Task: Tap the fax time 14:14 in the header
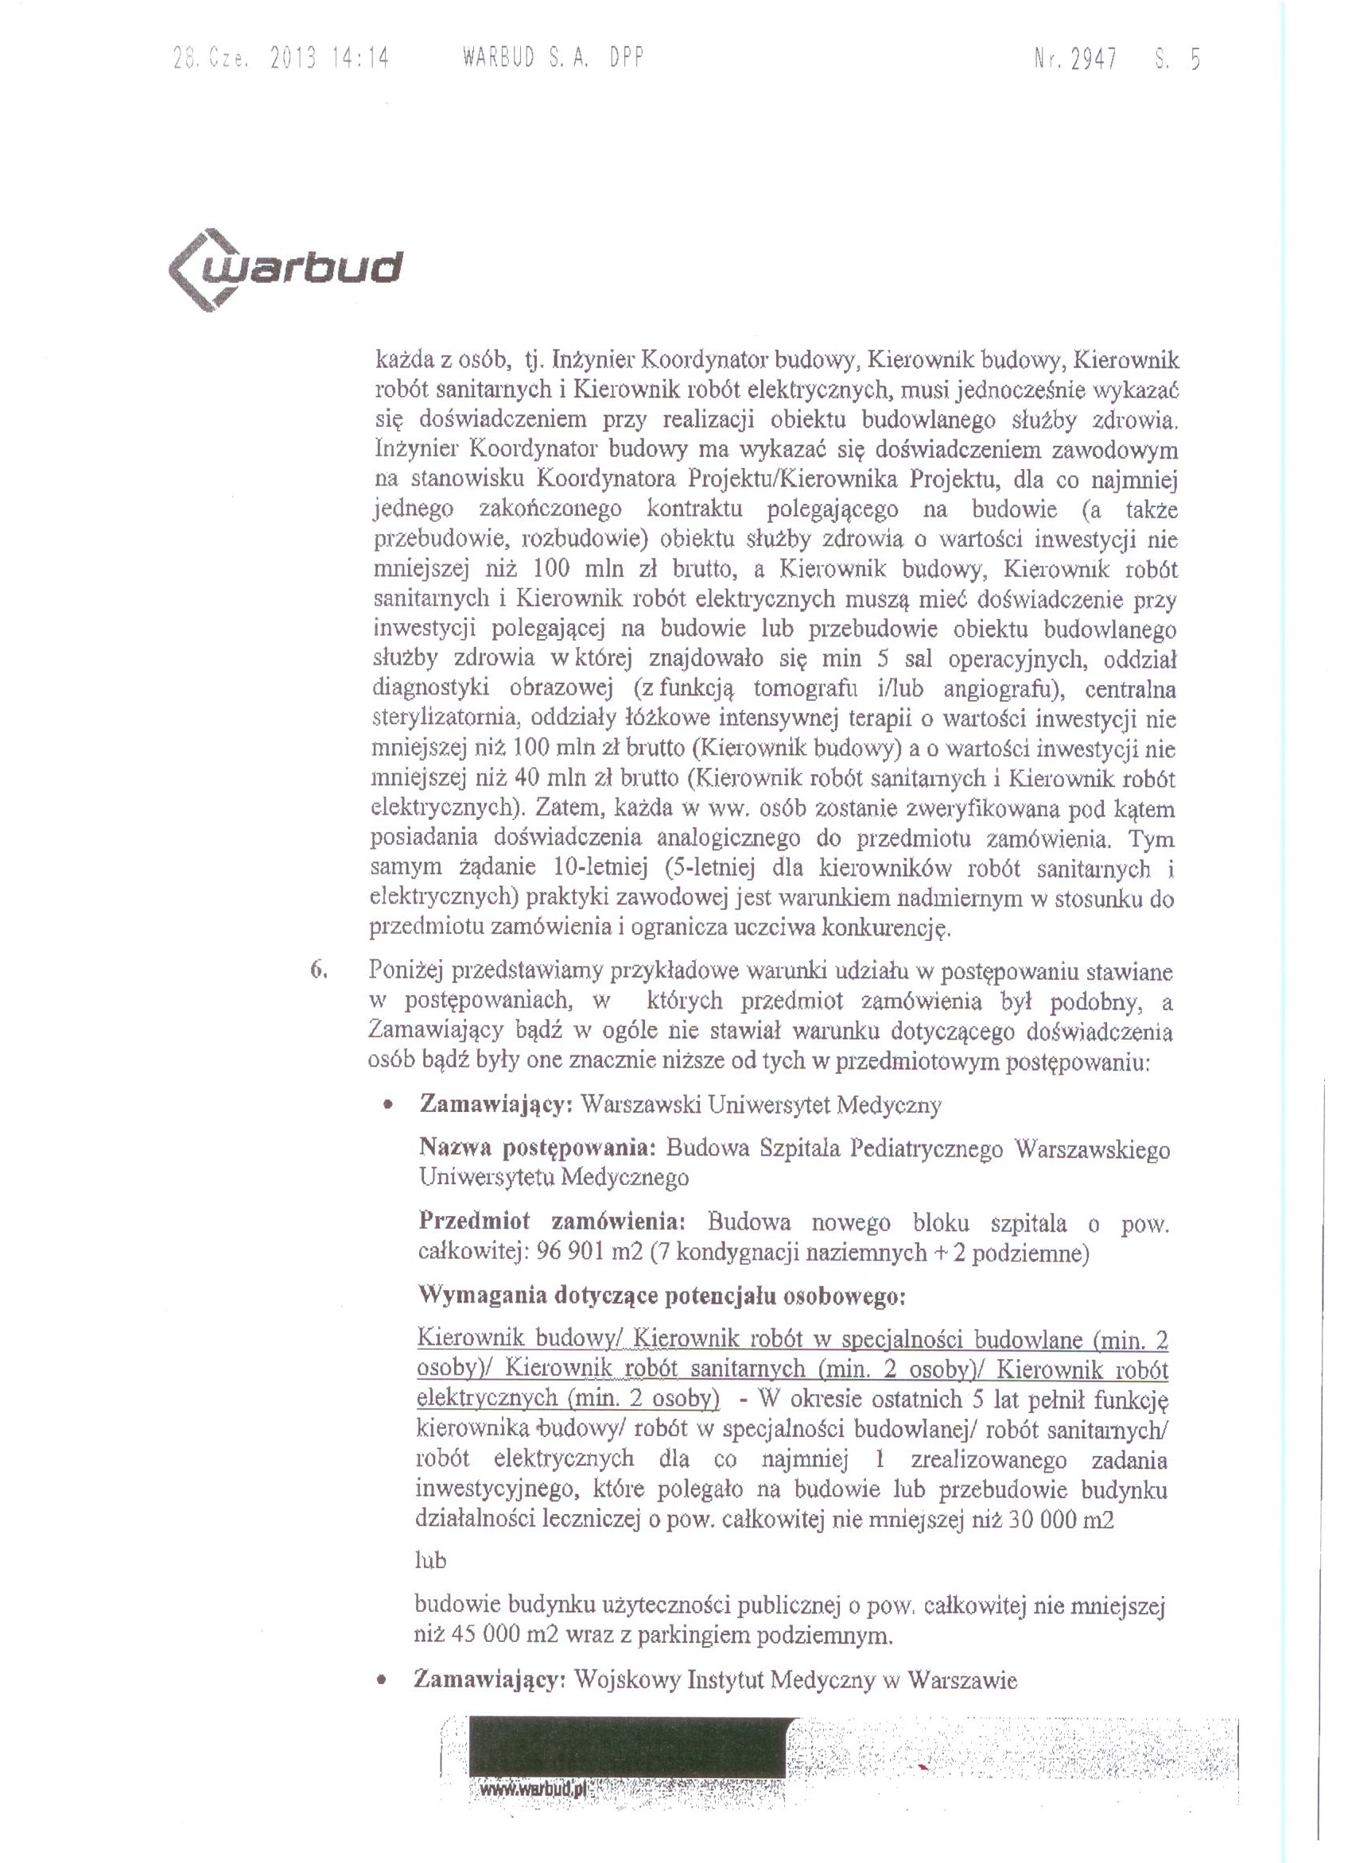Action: click(x=361, y=58)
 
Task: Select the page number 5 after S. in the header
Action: click(x=1195, y=59)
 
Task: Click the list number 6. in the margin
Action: click(x=319, y=970)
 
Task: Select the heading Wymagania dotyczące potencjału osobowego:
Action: click(x=662, y=1296)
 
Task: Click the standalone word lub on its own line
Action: click(x=431, y=1560)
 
